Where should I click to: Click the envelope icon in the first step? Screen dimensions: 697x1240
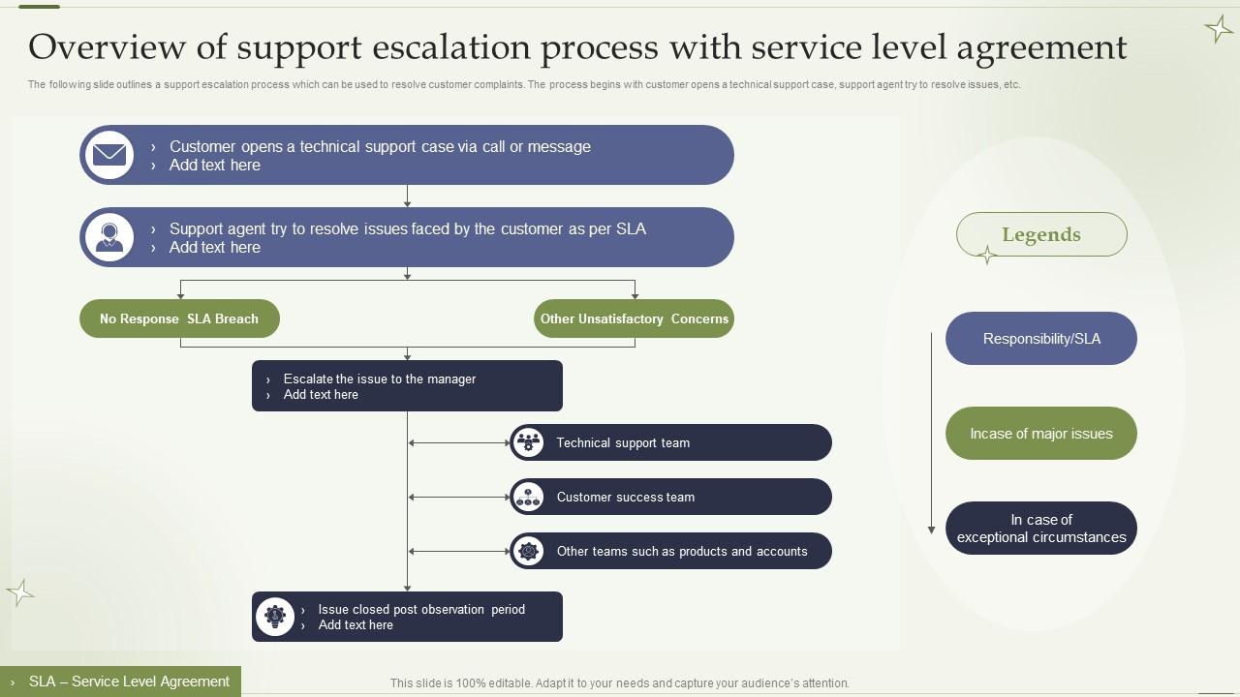point(109,155)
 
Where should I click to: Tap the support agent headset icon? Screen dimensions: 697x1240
point(109,237)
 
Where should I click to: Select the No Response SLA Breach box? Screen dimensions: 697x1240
point(179,318)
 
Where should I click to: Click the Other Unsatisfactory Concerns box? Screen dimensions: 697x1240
point(634,318)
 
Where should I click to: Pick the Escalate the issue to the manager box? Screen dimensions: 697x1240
point(407,386)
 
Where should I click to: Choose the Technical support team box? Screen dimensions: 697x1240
point(670,442)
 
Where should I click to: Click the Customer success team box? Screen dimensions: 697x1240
point(670,497)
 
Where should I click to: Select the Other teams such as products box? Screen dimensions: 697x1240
point(670,551)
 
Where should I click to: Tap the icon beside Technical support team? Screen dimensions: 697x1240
point(528,442)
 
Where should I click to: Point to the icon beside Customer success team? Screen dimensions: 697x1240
point(528,497)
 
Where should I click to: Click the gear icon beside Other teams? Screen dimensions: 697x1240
point(528,551)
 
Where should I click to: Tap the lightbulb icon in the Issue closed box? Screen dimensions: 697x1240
point(275,617)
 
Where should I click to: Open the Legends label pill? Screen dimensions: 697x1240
point(1041,234)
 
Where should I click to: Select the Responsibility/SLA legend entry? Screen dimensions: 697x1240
point(1041,339)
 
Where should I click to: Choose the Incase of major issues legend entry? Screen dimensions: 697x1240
point(1041,434)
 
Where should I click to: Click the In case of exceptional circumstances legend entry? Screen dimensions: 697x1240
point(1041,529)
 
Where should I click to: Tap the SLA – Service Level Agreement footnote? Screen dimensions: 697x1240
point(121,682)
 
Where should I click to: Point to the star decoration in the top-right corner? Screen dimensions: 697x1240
point(1218,29)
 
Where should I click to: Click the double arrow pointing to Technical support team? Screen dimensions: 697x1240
point(458,442)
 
